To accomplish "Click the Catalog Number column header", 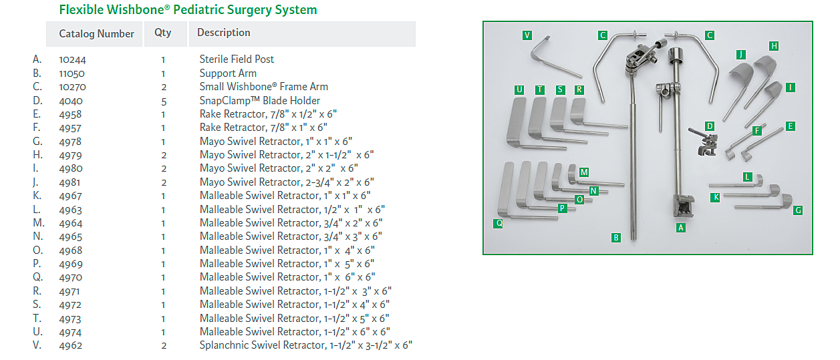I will [x=96, y=33].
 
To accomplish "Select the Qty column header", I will [x=162, y=33].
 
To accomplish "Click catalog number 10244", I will [x=72, y=59].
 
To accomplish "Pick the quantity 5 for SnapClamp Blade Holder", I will [x=163, y=101].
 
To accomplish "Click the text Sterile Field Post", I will [x=237, y=59].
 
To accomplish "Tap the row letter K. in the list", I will [x=37, y=196].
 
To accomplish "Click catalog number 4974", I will [x=70, y=332].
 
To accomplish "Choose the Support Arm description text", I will [x=228, y=73].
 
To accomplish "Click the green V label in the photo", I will [x=527, y=35].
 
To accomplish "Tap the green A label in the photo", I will [x=681, y=227].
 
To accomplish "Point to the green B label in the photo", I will [x=615, y=237].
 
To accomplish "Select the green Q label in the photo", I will [x=499, y=223].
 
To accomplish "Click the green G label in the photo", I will [x=798, y=210].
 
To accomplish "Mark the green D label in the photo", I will [x=710, y=126].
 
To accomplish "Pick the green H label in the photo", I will [x=773, y=46].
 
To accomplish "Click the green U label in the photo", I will [x=519, y=89].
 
